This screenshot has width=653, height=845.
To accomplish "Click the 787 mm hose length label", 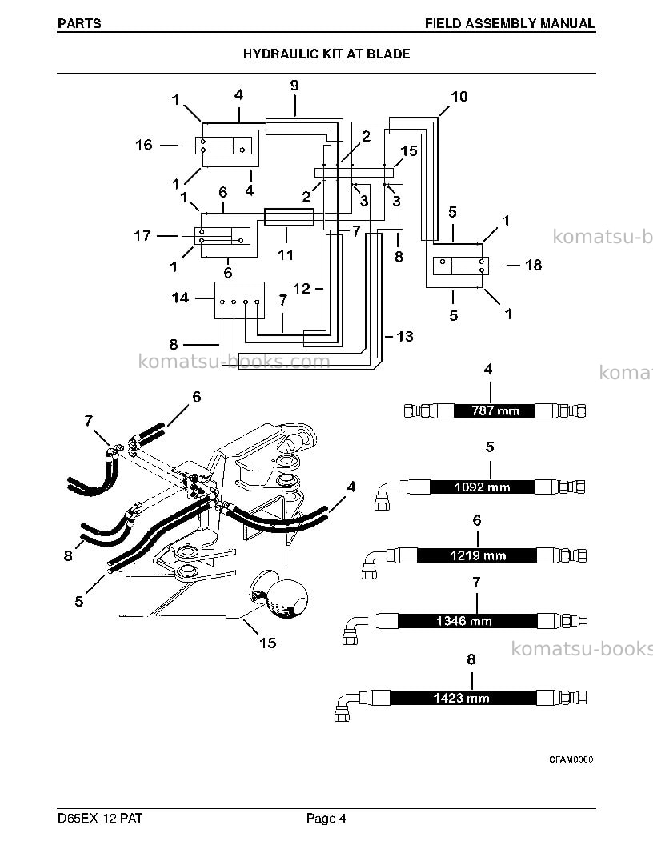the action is tap(495, 410).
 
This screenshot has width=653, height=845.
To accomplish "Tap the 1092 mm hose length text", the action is tap(482, 487).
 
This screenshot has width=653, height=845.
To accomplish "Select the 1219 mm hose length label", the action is tap(478, 555).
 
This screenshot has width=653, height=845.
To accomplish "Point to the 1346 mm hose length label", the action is tap(464, 622).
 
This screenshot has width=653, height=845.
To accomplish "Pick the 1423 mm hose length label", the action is tap(461, 699).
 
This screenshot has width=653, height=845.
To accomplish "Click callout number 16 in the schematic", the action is tap(144, 145).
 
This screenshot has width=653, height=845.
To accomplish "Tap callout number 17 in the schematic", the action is tap(142, 236).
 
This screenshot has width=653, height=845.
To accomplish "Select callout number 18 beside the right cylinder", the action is tap(534, 265).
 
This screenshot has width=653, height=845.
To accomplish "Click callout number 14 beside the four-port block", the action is tap(180, 298).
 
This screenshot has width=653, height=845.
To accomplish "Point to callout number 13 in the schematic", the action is tap(405, 337).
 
